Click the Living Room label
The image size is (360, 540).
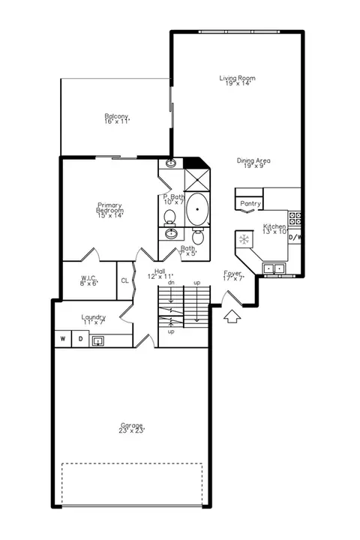[x=237, y=78]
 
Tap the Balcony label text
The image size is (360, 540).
[x=116, y=116]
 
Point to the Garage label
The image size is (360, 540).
[x=131, y=425]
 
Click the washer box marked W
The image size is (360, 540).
[x=63, y=339]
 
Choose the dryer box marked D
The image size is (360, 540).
[x=80, y=339]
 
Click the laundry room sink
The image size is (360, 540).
[x=97, y=341]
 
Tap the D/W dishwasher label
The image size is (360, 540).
[x=295, y=237]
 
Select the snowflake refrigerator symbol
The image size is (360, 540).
[x=244, y=239]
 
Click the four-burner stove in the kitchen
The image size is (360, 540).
[x=295, y=218]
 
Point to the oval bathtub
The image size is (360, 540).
[x=197, y=209]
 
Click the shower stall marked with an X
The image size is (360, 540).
[x=197, y=180]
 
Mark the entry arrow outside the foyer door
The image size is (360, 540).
[x=232, y=316]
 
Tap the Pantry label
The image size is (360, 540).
[x=250, y=203]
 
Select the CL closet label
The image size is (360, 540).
[x=124, y=280]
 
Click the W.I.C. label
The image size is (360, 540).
[x=88, y=277]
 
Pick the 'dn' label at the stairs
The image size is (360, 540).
[x=171, y=283]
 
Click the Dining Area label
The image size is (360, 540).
[x=253, y=160]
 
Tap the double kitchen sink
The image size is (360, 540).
[x=274, y=268]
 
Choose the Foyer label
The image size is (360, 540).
[x=233, y=273]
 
